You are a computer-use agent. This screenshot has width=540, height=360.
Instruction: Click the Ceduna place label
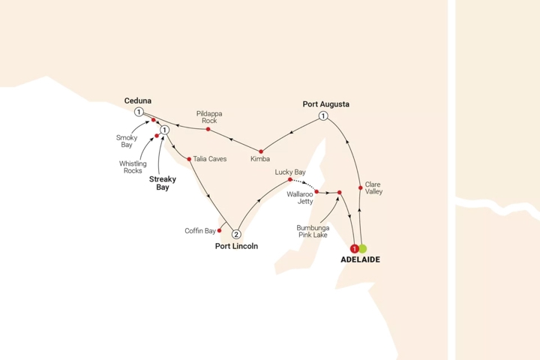138,100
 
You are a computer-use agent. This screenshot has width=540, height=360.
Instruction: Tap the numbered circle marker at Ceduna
139,112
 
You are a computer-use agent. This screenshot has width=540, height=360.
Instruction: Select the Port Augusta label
326,103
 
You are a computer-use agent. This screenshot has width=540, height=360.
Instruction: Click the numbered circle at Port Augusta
323,115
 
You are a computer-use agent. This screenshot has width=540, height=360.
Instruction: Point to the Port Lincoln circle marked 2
237,232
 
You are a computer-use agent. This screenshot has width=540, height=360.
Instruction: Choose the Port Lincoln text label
235,245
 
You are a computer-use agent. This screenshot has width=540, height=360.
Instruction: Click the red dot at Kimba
261,151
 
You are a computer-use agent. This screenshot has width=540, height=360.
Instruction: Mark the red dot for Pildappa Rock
208,130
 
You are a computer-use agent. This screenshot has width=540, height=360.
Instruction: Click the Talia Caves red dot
189,159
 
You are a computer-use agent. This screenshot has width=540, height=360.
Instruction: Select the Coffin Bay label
199,231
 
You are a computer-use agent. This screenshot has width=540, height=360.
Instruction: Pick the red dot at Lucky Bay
290,179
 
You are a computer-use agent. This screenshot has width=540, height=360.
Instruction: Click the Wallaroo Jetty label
301,196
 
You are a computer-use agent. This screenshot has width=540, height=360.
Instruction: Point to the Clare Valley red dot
361,187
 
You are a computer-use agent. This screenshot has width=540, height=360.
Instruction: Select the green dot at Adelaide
363,248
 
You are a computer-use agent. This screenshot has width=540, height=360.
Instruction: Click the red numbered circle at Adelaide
354,248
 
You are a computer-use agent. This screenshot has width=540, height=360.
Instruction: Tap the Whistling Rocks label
133,166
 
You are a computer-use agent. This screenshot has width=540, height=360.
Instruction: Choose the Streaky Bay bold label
159,183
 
